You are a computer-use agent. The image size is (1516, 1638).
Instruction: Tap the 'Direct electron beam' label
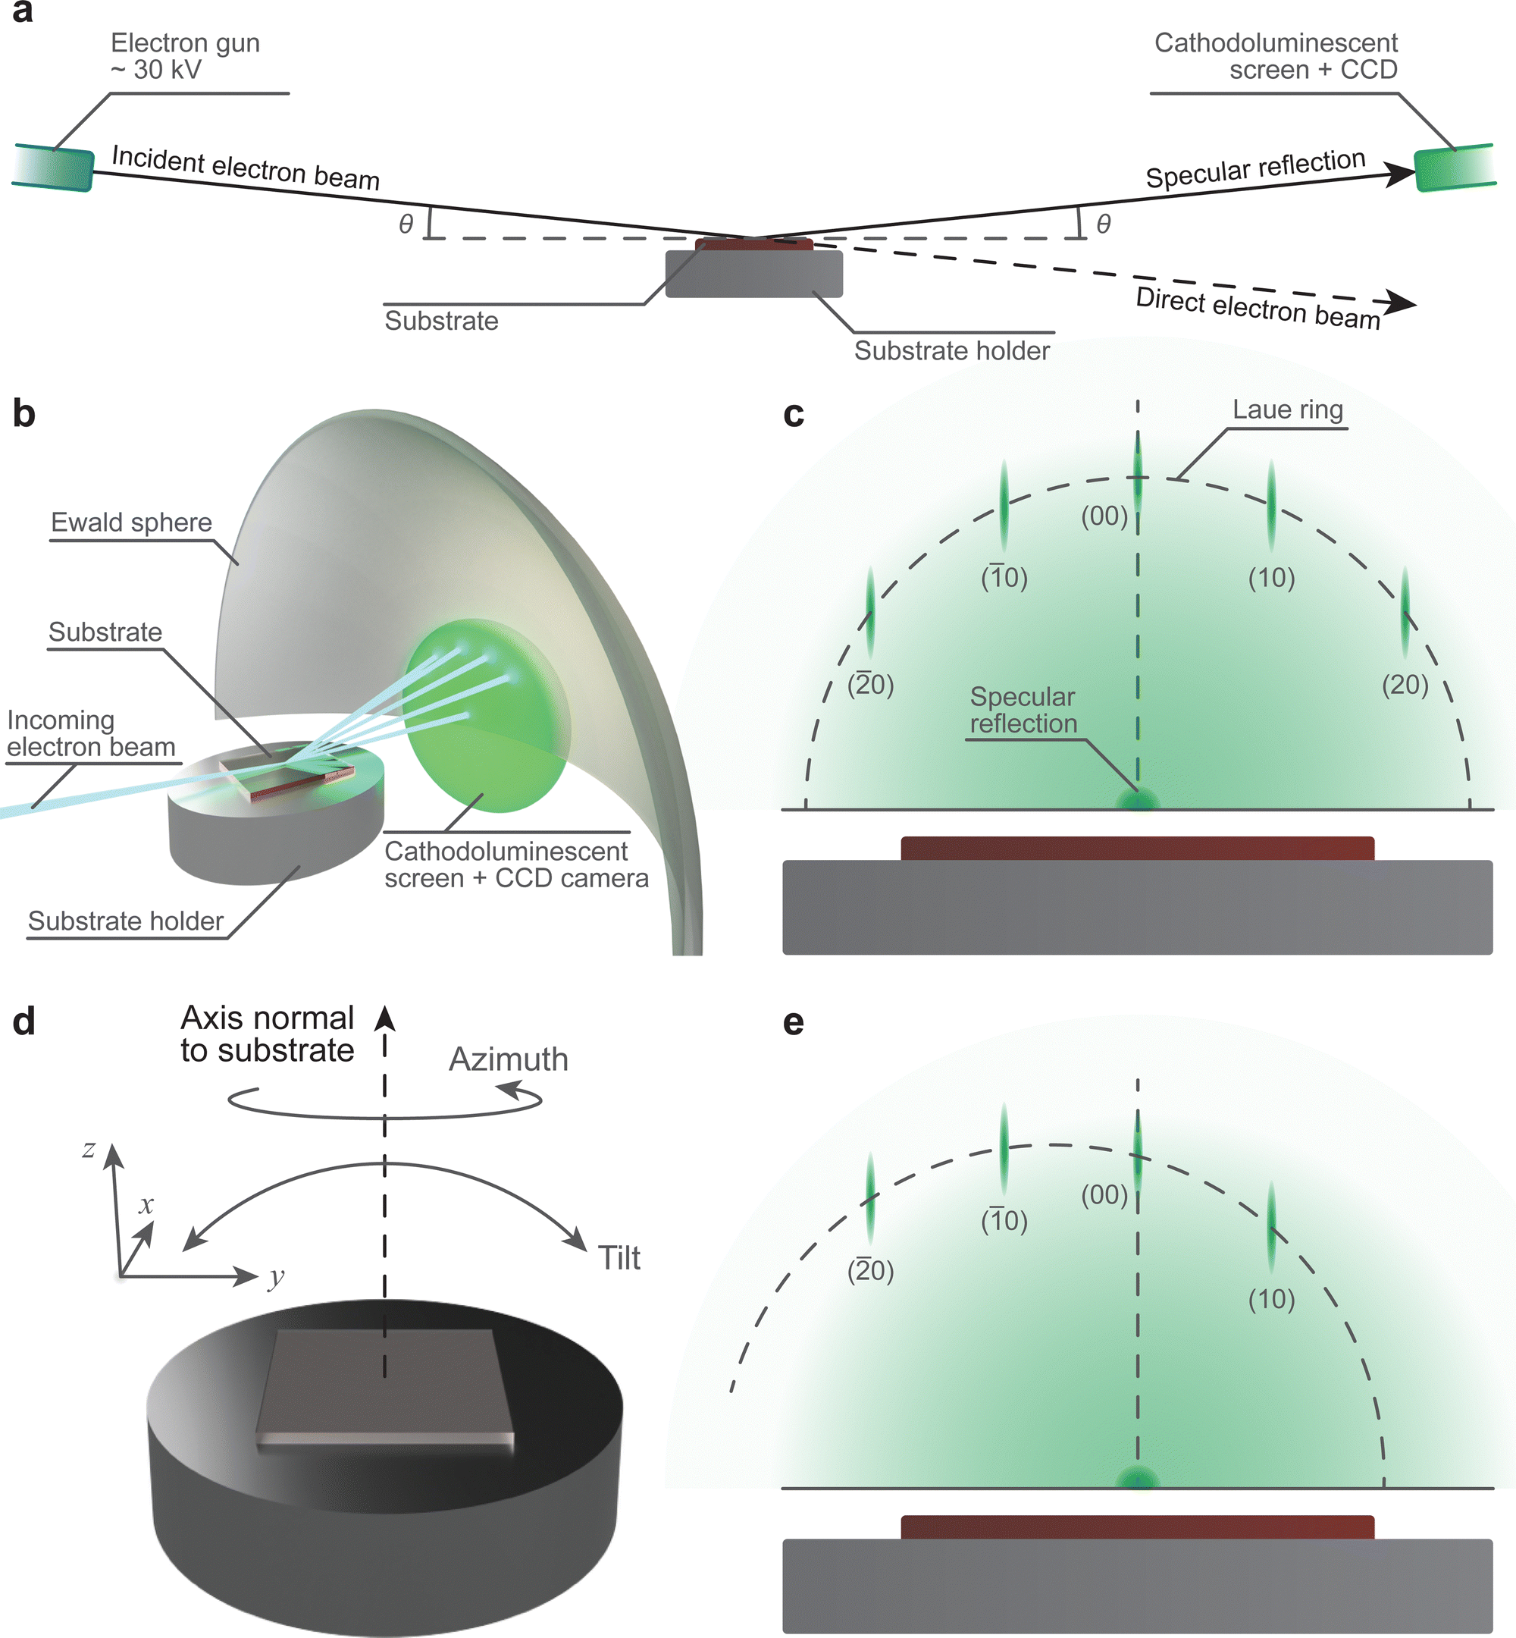1258,309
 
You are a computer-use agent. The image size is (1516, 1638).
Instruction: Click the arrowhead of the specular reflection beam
1399,174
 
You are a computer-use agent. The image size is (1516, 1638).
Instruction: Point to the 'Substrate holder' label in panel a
951,351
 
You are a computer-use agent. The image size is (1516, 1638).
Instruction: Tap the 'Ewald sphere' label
131,522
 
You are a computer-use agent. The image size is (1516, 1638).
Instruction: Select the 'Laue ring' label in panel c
1287,409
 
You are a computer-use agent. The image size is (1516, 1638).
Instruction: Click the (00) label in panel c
1104,516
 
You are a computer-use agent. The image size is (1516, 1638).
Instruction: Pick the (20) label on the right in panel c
1405,685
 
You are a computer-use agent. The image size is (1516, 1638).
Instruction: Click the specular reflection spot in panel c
1138,800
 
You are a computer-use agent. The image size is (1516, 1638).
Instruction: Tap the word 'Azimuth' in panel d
508,1059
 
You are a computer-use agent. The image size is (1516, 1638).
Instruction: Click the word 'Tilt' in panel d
619,1258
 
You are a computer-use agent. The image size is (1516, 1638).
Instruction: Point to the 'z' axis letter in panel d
89,1149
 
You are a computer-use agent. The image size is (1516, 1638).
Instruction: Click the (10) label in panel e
1270,1300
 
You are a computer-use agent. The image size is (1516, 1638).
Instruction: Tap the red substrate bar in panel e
1137,1527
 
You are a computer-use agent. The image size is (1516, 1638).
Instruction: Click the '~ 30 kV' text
156,71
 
